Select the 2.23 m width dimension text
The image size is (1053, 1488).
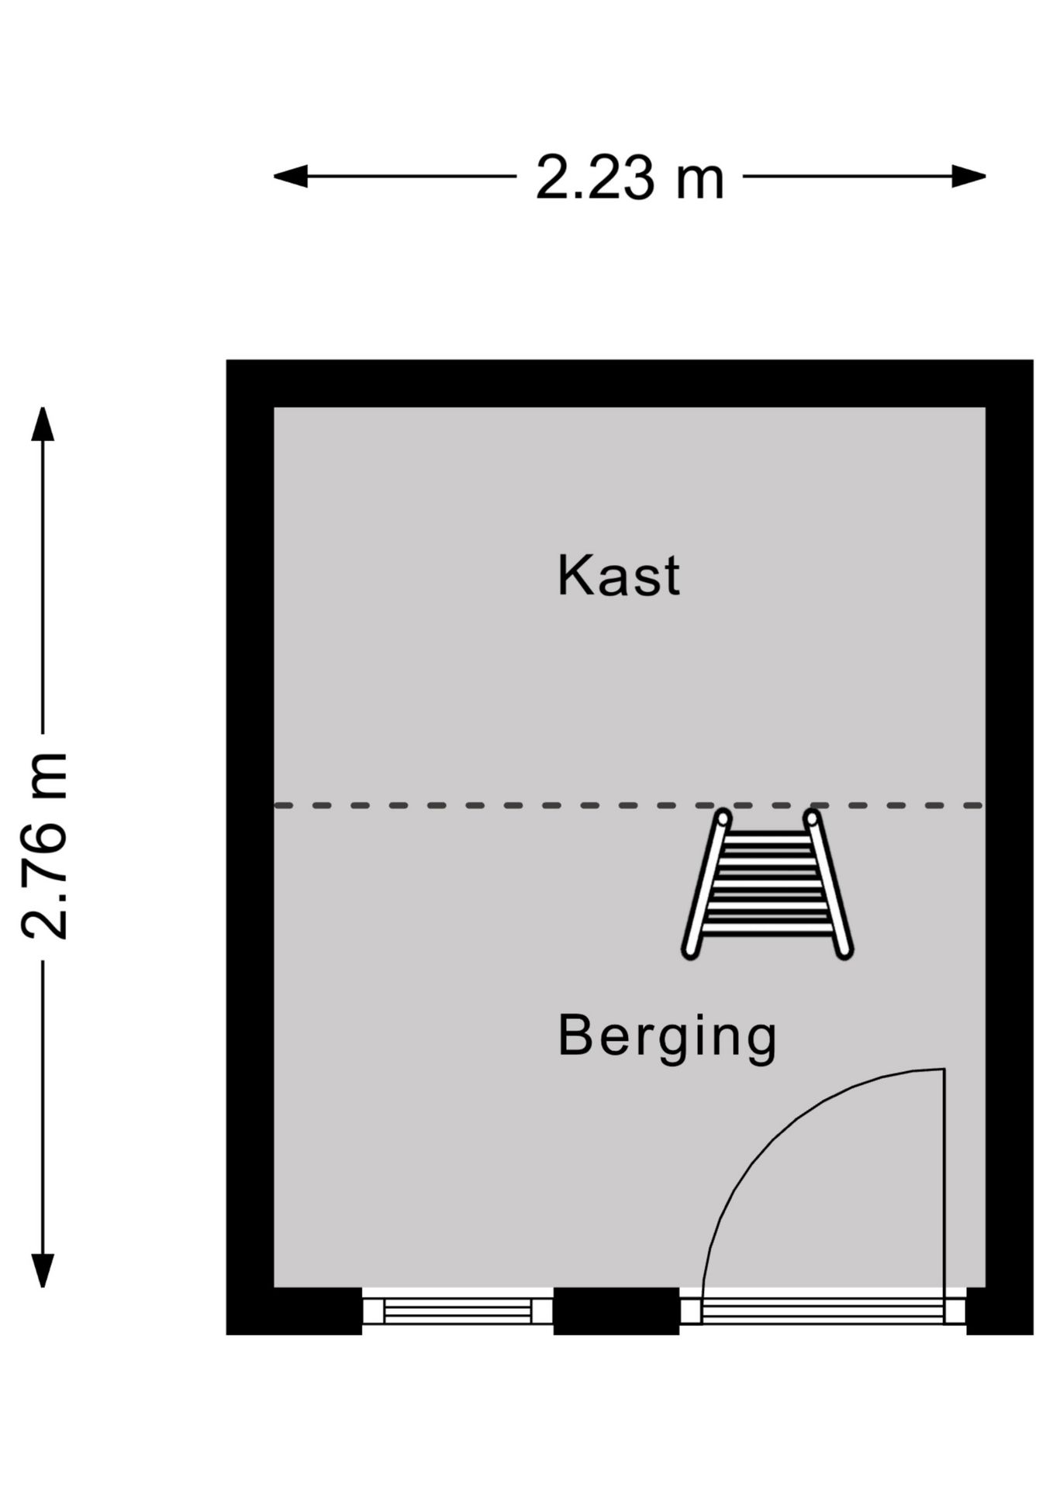click(x=630, y=177)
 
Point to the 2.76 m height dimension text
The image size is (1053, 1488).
click(x=45, y=846)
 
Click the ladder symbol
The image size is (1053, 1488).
click(x=768, y=884)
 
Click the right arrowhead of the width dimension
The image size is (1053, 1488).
click(x=969, y=177)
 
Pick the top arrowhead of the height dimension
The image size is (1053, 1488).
click(x=43, y=424)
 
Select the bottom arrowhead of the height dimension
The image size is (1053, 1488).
click(x=43, y=1271)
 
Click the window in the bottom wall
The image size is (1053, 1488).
click(x=457, y=1311)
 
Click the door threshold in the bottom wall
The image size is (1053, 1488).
click(x=823, y=1311)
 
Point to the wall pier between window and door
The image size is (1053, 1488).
click(x=616, y=1311)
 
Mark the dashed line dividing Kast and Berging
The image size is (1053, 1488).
click(x=630, y=806)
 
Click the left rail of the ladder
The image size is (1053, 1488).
click(x=706, y=884)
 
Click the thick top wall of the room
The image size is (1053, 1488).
click(x=630, y=384)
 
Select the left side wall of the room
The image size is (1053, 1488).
click(x=250, y=846)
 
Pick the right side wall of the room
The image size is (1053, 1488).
click(x=1010, y=846)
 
